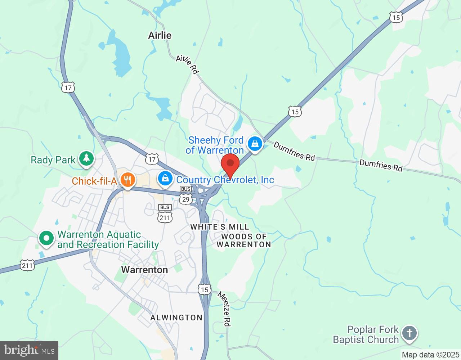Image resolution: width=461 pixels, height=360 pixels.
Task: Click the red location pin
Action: (230, 164)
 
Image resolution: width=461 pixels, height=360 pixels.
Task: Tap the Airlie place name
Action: (160, 35)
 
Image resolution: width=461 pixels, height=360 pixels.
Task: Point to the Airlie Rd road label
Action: (187, 64)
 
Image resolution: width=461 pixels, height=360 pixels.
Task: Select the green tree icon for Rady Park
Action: (86, 158)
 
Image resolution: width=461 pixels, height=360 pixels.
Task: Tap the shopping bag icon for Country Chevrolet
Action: (165, 178)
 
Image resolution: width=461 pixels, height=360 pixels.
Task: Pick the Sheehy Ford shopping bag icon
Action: (255, 144)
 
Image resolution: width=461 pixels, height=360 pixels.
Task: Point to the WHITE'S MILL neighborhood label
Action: (220, 227)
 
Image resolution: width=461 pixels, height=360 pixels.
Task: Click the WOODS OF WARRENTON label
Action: (244, 240)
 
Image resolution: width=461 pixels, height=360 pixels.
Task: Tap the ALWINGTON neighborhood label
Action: (176, 318)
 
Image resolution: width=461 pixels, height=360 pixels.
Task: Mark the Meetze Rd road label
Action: (224, 309)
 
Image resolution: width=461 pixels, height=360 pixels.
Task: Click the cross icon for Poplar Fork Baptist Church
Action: (409, 333)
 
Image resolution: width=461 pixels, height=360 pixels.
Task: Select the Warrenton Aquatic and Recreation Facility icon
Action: (46, 238)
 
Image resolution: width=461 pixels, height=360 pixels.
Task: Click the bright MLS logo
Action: (29, 350)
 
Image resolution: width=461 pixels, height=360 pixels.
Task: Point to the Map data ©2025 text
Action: (430, 355)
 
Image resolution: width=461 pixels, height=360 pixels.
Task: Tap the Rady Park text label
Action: (53, 160)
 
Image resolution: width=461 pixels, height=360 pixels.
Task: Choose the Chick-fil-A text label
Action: (94, 181)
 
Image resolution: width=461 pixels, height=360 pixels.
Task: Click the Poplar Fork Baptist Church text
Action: (366, 334)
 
